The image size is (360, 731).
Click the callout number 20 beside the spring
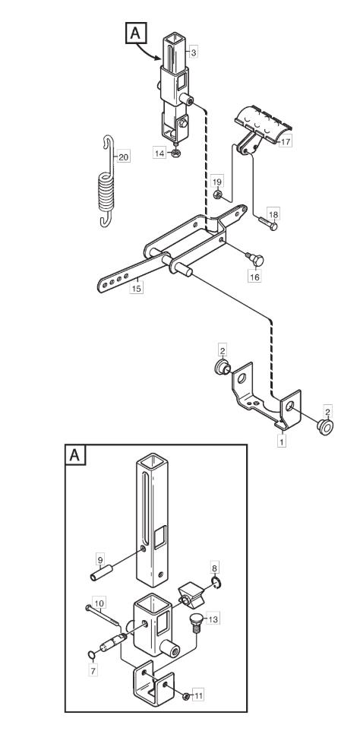123,157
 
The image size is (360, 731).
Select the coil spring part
106,182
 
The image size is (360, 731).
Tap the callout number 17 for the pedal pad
286,141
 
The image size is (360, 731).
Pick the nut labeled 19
217,195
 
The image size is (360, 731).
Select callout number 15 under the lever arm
136,288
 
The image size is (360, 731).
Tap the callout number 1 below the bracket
281,440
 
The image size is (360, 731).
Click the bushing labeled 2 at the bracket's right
324,426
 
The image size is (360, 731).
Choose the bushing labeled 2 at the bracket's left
223,367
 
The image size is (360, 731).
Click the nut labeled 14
175,153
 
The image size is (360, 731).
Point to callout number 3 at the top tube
193,52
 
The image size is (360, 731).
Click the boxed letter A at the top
135,33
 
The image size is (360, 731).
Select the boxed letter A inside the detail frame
75,454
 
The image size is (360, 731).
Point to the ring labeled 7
92,656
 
